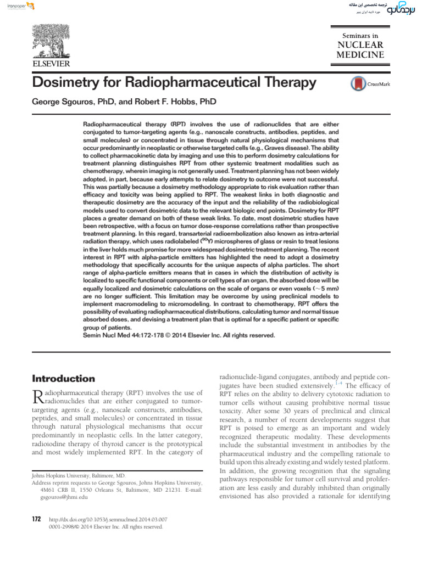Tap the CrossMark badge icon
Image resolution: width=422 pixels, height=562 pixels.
[x=358, y=84]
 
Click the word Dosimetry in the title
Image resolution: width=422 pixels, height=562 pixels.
[x=68, y=83]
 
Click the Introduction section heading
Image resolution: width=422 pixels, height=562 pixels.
[x=64, y=379]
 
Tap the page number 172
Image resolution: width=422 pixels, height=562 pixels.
[x=37, y=519]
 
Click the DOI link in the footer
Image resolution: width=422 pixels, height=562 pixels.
[x=108, y=519]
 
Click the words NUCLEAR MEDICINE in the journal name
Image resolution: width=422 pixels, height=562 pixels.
[x=360, y=49]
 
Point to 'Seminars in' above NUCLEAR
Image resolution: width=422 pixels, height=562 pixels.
[x=360, y=35]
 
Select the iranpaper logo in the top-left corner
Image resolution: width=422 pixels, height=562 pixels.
[x=17, y=6]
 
